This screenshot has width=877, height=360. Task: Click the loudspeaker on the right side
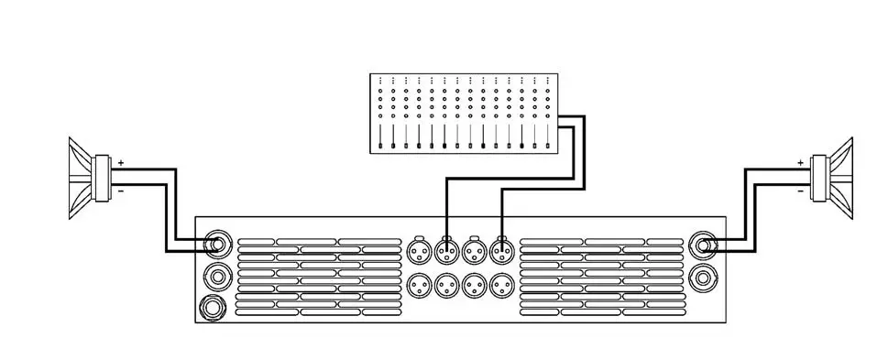[x=835, y=178]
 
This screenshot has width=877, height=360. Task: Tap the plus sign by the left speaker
[x=121, y=161]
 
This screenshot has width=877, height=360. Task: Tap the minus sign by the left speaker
[x=121, y=191]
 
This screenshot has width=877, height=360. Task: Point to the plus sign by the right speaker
[x=800, y=162]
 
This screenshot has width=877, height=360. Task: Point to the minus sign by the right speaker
[x=800, y=191]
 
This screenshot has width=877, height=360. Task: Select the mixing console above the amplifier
[x=466, y=114]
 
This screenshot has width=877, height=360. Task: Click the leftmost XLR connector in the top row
[x=418, y=249]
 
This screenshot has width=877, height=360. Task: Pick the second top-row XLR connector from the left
[x=446, y=249]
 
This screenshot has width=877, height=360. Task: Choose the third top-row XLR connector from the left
[x=474, y=249]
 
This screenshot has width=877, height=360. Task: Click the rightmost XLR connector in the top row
[x=501, y=249]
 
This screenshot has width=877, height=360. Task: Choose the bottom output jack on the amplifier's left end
[x=215, y=306]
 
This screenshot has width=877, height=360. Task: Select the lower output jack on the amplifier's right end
[x=704, y=276]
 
